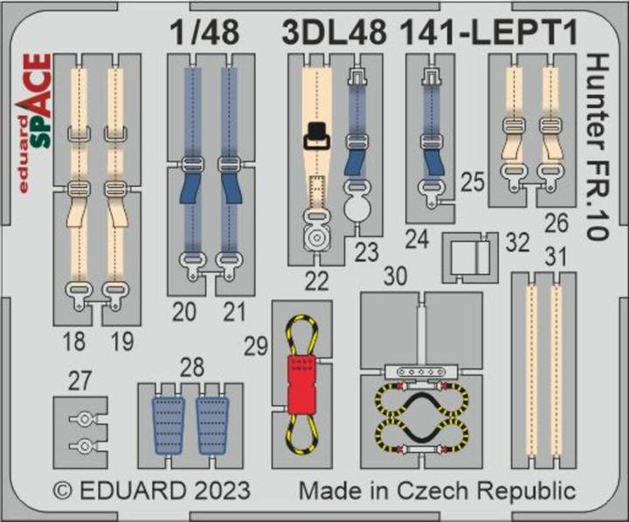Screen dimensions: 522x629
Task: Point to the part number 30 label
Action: pyautogui.click(x=397, y=277)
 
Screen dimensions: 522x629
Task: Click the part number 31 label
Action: pyautogui.click(x=554, y=257)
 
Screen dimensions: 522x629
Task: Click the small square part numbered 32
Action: pyautogui.click(x=470, y=256)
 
